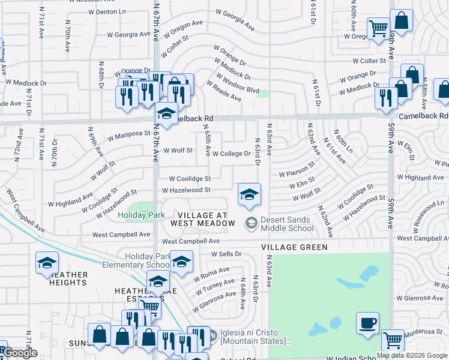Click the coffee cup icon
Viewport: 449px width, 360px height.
click(367, 323)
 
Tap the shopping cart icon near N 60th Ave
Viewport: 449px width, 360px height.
click(378, 28)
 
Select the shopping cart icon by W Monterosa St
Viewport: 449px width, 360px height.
click(393, 340)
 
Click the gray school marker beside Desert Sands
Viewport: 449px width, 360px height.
click(252, 223)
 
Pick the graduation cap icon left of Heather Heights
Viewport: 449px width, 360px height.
click(47, 263)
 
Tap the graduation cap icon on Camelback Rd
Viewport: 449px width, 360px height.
click(166, 112)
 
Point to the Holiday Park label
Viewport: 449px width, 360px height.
click(141, 215)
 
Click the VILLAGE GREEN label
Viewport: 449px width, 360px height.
click(294, 247)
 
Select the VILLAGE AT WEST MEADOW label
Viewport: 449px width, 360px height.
click(203, 219)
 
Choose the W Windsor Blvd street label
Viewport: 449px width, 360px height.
click(238, 85)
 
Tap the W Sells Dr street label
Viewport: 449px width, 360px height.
click(226, 254)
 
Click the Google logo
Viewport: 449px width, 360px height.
click(20, 353)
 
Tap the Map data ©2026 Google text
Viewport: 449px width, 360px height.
click(412, 355)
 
